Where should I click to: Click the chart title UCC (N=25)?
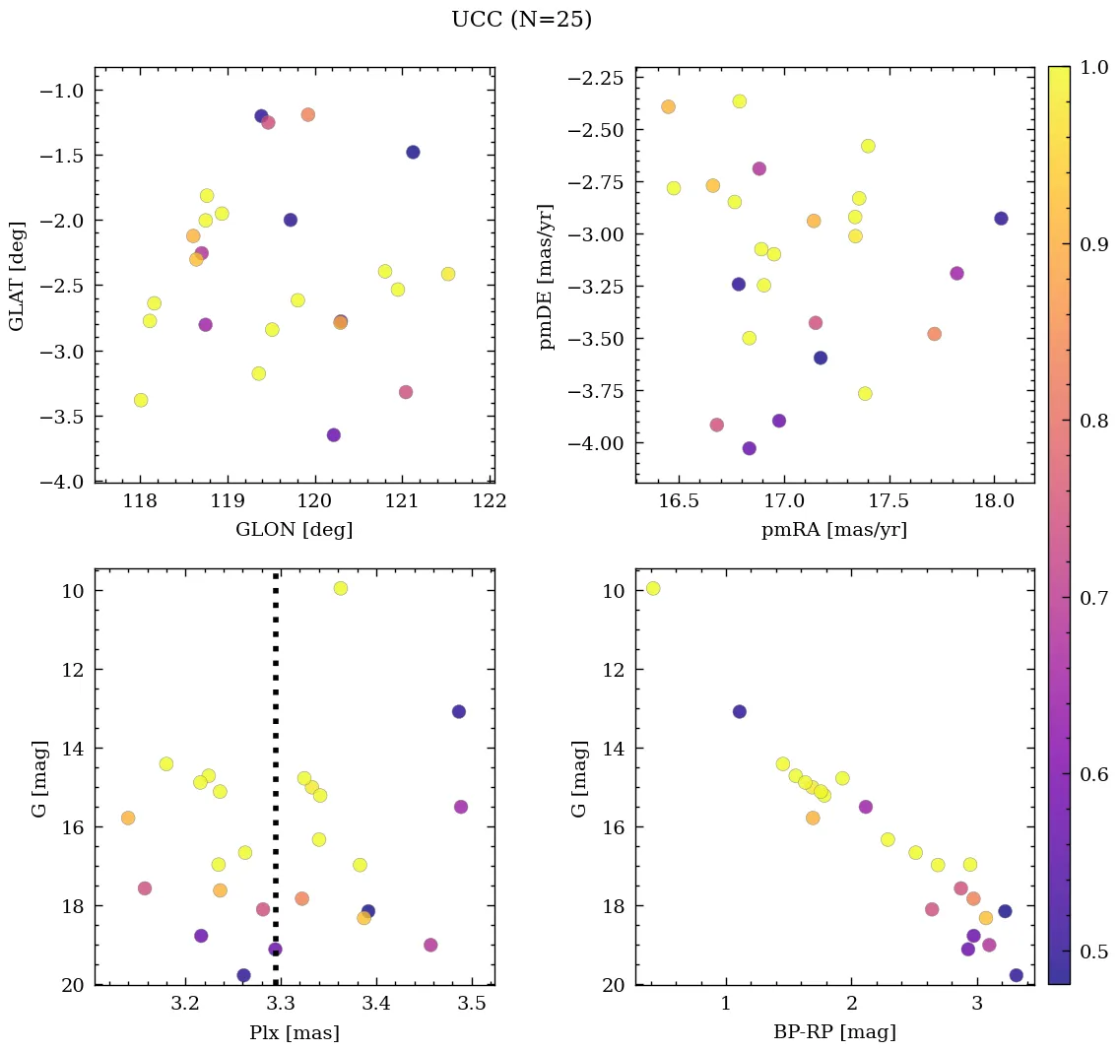point(521,20)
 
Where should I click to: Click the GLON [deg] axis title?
point(294,530)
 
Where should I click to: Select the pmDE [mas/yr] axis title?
point(547,277)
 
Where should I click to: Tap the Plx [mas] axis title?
point(294,1032)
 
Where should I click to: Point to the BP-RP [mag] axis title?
point(833,1032)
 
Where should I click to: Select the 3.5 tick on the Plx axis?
point(472,1004)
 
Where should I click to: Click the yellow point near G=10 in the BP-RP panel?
point(652,588)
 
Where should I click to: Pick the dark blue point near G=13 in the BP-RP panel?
point(739,711)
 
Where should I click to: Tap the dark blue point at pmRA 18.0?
point(1001,219)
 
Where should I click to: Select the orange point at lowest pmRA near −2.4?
point(668,106)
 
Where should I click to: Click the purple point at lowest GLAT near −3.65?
point(333,434)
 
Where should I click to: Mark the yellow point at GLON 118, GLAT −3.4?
point(141,400)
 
